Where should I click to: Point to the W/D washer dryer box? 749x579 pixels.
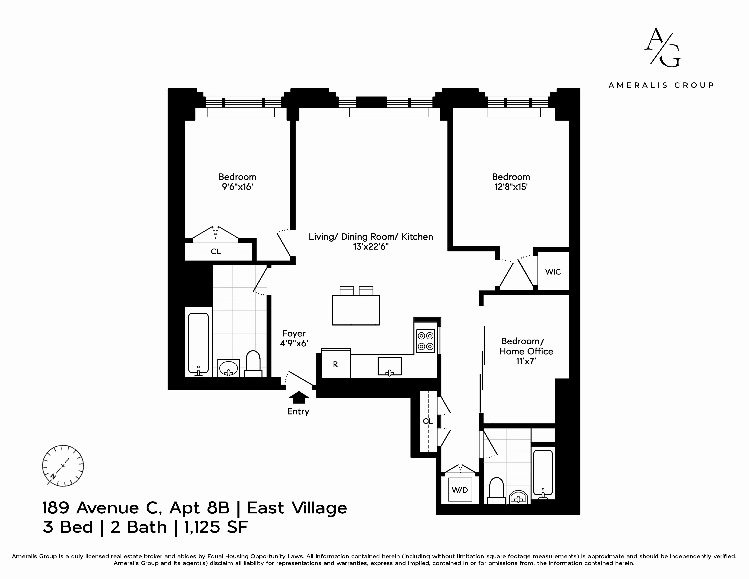[460, 490]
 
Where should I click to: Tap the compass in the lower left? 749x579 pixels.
[63, 466]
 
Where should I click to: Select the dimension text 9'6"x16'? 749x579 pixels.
[237, 187]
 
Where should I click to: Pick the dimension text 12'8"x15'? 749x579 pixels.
[511, 187]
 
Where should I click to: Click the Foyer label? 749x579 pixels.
[294, 333]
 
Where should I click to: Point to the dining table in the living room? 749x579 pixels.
[356, 310]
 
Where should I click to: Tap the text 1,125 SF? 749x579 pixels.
[216, 527]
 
